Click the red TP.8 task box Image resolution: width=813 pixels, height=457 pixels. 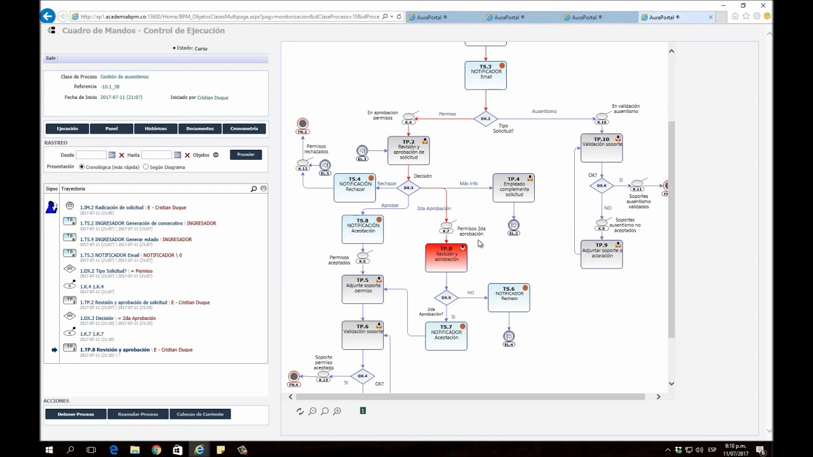coord(446,258)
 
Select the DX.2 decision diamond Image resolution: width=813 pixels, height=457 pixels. coord(485,119)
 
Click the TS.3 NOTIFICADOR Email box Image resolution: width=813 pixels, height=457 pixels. coord(485,75)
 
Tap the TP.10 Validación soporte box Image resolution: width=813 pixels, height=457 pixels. coord(601,148)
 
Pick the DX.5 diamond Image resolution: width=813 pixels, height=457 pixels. coord(446,297)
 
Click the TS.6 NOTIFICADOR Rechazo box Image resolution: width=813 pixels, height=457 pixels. coord(508,298)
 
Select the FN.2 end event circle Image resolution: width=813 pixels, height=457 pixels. coord(302,124)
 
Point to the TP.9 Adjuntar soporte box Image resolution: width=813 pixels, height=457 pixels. coord(601,254)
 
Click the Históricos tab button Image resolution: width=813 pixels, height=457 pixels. coord(156,129)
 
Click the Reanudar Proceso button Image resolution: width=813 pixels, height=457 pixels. coord(138,414)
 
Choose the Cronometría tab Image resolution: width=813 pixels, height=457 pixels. coord(244,129)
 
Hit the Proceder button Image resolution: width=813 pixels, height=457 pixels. coord(246,155)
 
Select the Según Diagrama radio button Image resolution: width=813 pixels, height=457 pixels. coord(146,167)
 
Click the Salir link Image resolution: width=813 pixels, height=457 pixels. coord(51,58)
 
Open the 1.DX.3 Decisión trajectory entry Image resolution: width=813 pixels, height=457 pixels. coord(118,318)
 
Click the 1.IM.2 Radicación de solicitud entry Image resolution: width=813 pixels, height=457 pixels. coord(133,208)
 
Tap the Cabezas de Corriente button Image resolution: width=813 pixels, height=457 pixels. coord(200,414)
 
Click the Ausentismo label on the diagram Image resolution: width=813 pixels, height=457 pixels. coord(544,112)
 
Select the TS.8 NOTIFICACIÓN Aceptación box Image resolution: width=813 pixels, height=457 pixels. coord(362,229)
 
